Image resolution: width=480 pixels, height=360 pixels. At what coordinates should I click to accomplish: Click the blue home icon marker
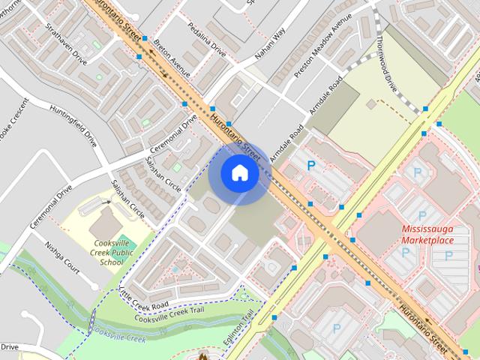239,173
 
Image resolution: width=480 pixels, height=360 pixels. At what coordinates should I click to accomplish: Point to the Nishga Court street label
61,256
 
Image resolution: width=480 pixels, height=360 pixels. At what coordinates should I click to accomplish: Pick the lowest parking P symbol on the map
336,328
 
